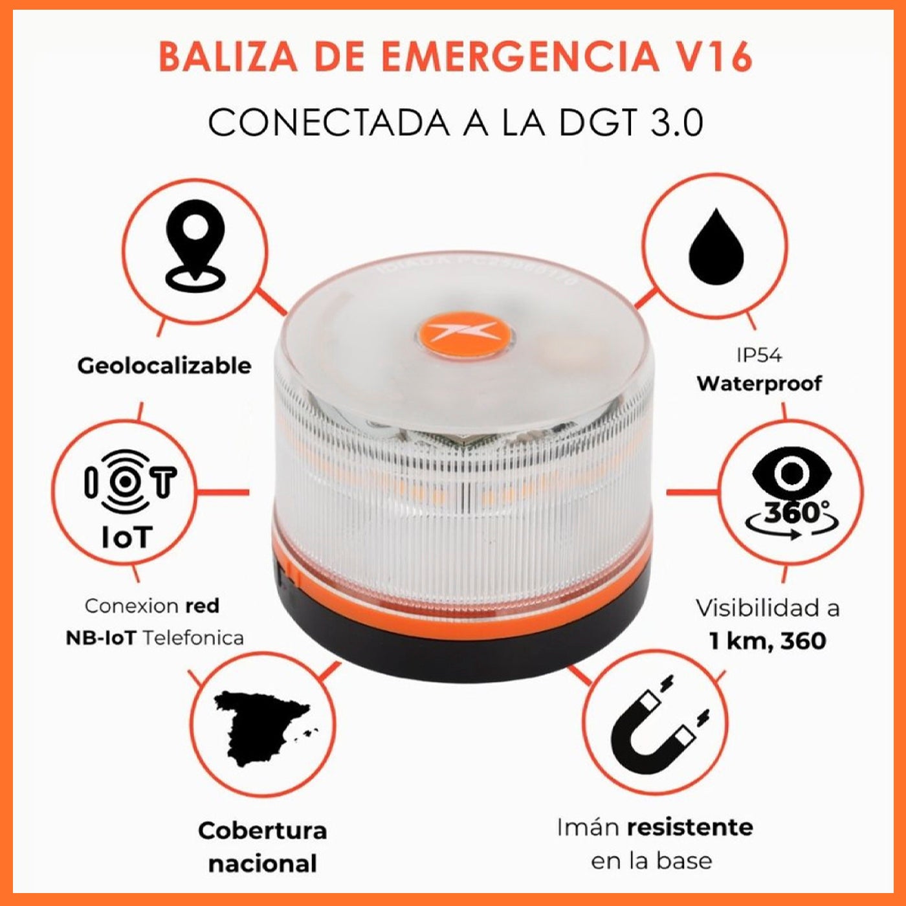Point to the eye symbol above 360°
[790, 473]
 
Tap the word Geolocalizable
[164, 366]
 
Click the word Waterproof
[759, 383]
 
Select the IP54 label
[758, 355]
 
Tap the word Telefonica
[193, 638]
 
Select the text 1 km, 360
[768, 641]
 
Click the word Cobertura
[262, 830]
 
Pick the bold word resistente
[690, 827]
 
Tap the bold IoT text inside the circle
[127, 537]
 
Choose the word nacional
[262, 863]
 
